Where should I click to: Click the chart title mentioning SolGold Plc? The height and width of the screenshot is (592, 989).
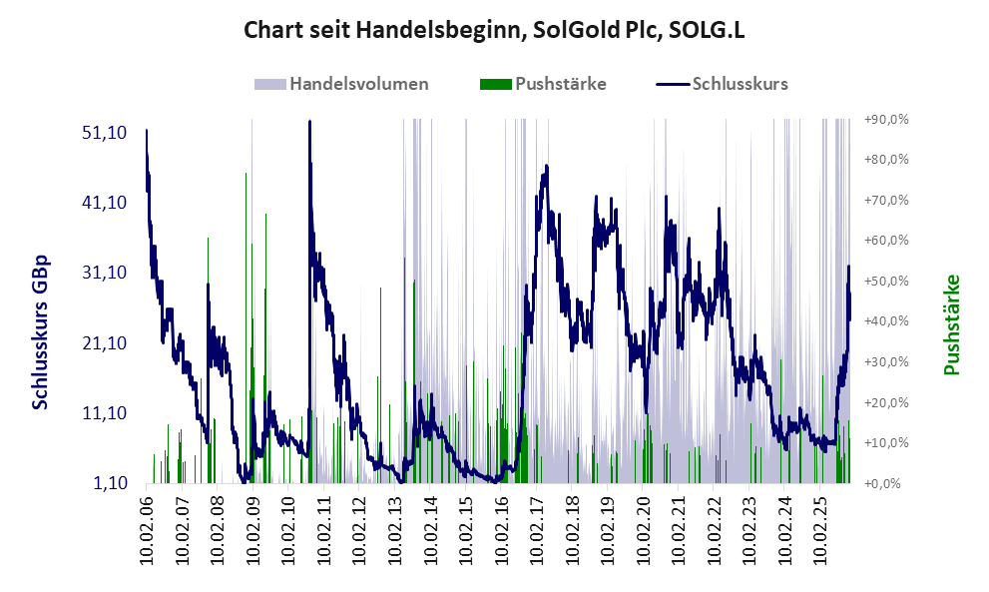[x=494, y=30]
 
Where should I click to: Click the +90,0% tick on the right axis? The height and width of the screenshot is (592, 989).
[x=885, y=119]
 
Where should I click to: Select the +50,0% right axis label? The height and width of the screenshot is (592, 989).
[x=885, y=281]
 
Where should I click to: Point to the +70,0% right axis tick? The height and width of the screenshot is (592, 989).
[x=885, y=200]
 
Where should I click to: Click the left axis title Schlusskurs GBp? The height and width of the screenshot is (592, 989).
[x=41, y=331]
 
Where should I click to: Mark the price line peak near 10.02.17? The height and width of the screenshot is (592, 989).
[x=545, y=168]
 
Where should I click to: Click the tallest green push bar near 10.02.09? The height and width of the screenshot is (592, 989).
[x=246, y=174]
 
